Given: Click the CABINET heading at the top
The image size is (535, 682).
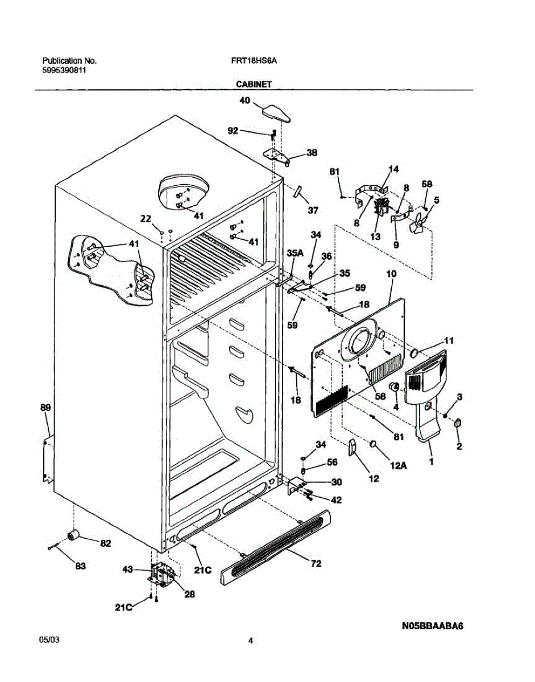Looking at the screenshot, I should (x=254, y=84).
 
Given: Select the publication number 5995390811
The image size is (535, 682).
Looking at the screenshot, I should (x=64, y=70).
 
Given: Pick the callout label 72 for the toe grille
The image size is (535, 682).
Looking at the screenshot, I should (x=316, y=564).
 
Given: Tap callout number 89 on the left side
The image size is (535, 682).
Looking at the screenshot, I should (x=45, y=407).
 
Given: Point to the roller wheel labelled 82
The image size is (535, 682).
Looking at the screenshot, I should (x=72, y=535).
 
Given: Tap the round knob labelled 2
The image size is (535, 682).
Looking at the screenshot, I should (x=457, y=424).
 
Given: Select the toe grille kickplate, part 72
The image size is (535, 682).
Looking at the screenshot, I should (x=275, y=546).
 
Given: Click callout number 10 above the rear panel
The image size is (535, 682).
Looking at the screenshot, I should (x=391, y=274).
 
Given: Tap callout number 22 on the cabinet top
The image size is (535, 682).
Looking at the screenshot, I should (x=146, y=219).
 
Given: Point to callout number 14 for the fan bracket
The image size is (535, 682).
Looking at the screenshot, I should (x=393, y=169).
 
